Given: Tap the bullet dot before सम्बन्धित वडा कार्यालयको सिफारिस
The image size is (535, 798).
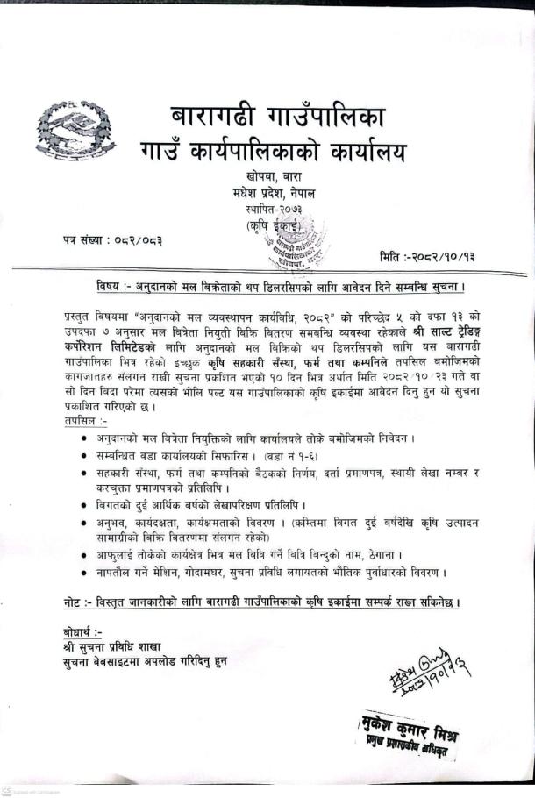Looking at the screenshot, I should coord(83,456).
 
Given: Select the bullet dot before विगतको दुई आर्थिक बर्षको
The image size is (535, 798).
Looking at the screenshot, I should coord(83,506).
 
